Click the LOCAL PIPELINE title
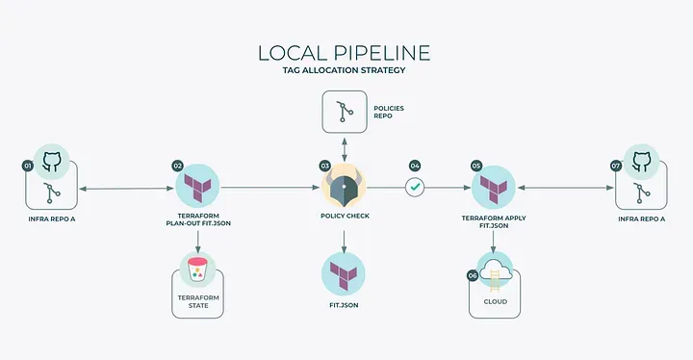tap(346, 53)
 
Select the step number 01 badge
tap(28, 166)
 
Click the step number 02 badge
tap(178, 166)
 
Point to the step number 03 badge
tap(324, 166)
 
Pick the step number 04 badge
tap(415, 166)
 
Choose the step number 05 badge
tap(476, 166)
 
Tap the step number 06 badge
tap(473, 275)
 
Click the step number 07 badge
tap(616, 166)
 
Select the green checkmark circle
tap(415, 189)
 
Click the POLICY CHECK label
tap(345, 217)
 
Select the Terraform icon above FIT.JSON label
tap(345, 272)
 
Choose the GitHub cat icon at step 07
tap(641, 162)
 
